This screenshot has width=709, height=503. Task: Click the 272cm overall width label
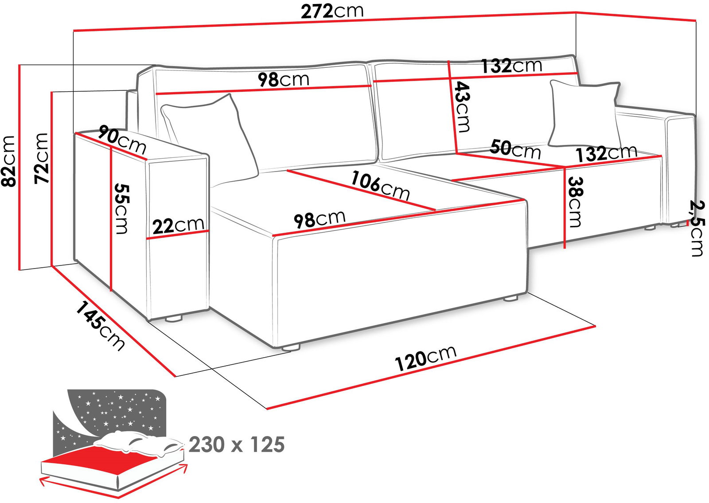tap(332, 12)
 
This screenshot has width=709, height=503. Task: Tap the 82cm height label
tap(8, 161)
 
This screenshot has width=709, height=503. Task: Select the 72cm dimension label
tap(41, 158)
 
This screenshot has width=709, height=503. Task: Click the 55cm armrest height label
tap(121, 209)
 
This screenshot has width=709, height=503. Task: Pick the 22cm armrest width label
tap(178, 225)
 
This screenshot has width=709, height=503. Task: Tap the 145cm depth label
tap(100, 326)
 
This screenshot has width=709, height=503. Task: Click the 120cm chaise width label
tap(426, 358)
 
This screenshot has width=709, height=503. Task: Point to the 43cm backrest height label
tap(462, 107)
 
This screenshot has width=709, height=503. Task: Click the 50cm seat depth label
tap(515, 149)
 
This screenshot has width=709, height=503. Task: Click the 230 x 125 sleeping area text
tap(237, 445)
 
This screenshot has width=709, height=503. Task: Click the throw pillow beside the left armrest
tap(210, 139)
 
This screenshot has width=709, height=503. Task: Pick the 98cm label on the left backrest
tap(283, 80)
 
